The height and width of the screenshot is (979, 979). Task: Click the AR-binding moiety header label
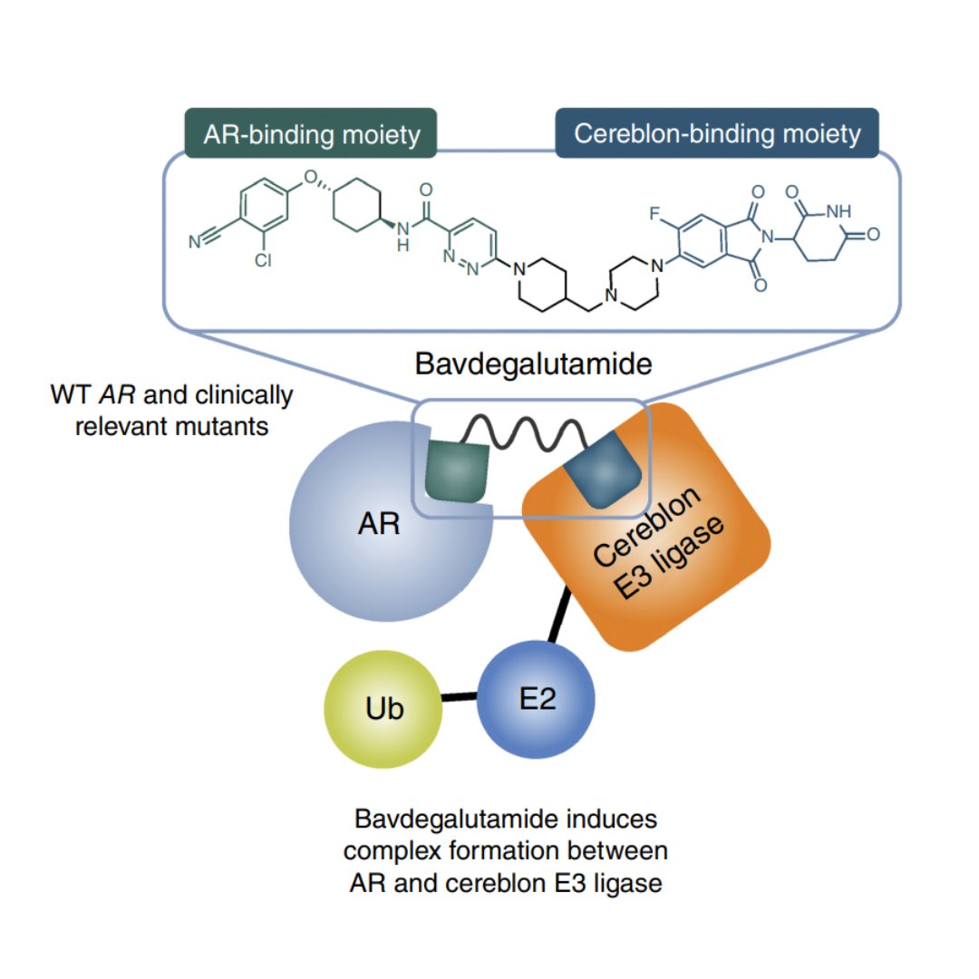point(312,134)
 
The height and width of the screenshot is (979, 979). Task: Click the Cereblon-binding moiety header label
point(716,134)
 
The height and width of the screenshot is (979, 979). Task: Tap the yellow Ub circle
point(383,708)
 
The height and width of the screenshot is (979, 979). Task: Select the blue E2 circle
point(536,698)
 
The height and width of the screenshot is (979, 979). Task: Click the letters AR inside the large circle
point(379,524)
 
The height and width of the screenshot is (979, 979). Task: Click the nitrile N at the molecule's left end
point(194,242)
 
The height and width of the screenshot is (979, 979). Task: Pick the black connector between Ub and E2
point(459,698)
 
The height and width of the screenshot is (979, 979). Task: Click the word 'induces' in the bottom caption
point(607,819)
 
